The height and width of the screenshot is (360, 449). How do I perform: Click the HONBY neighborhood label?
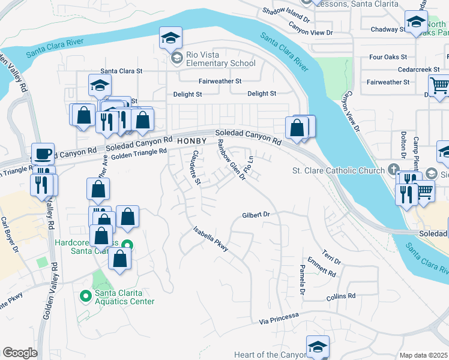click(192, 141)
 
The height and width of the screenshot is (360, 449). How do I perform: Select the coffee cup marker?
click(43, 154)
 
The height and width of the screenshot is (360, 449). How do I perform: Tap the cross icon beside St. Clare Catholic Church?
click(394, 170)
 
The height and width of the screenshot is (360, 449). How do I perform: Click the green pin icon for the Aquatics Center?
click(85, 295)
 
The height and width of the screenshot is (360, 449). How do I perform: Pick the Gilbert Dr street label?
click(258, 214)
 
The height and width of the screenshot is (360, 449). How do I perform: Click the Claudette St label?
click(195, 166)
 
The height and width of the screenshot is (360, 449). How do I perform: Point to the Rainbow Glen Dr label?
click(231, 159)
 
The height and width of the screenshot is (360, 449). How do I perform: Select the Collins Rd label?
click(341, 296)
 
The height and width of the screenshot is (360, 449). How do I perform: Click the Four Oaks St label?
click(388, 58)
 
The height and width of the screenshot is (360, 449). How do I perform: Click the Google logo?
click(20, 353)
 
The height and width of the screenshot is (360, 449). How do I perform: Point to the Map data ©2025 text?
click(423, 355)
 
